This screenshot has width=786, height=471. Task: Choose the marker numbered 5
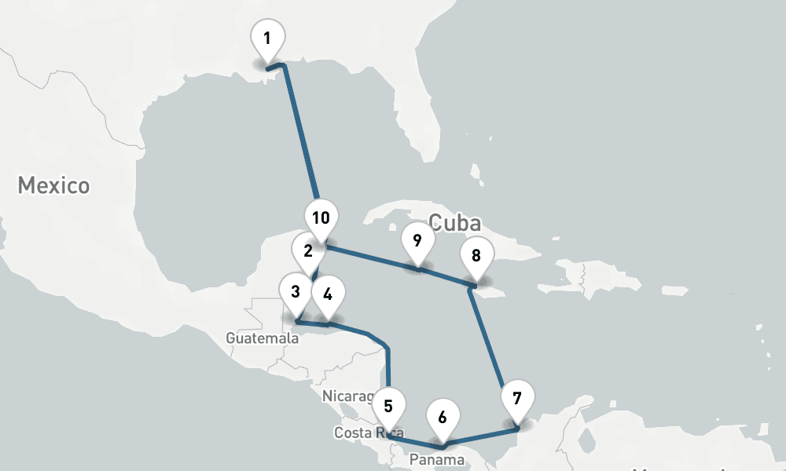[x=388, y=407]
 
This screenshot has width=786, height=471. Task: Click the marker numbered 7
[x=516, y=398]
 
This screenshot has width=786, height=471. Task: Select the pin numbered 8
[x=476, y=256]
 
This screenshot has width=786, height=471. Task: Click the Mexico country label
[x=53, y=186]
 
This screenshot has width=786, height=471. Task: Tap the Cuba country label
[x=455, y=222]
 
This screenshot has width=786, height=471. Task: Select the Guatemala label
[x=262, y=338]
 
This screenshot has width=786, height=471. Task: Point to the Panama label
[x=437, y=458]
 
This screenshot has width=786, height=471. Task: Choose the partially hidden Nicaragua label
[x=347, y=396]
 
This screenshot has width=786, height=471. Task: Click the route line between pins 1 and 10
[x=300, y=133]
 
